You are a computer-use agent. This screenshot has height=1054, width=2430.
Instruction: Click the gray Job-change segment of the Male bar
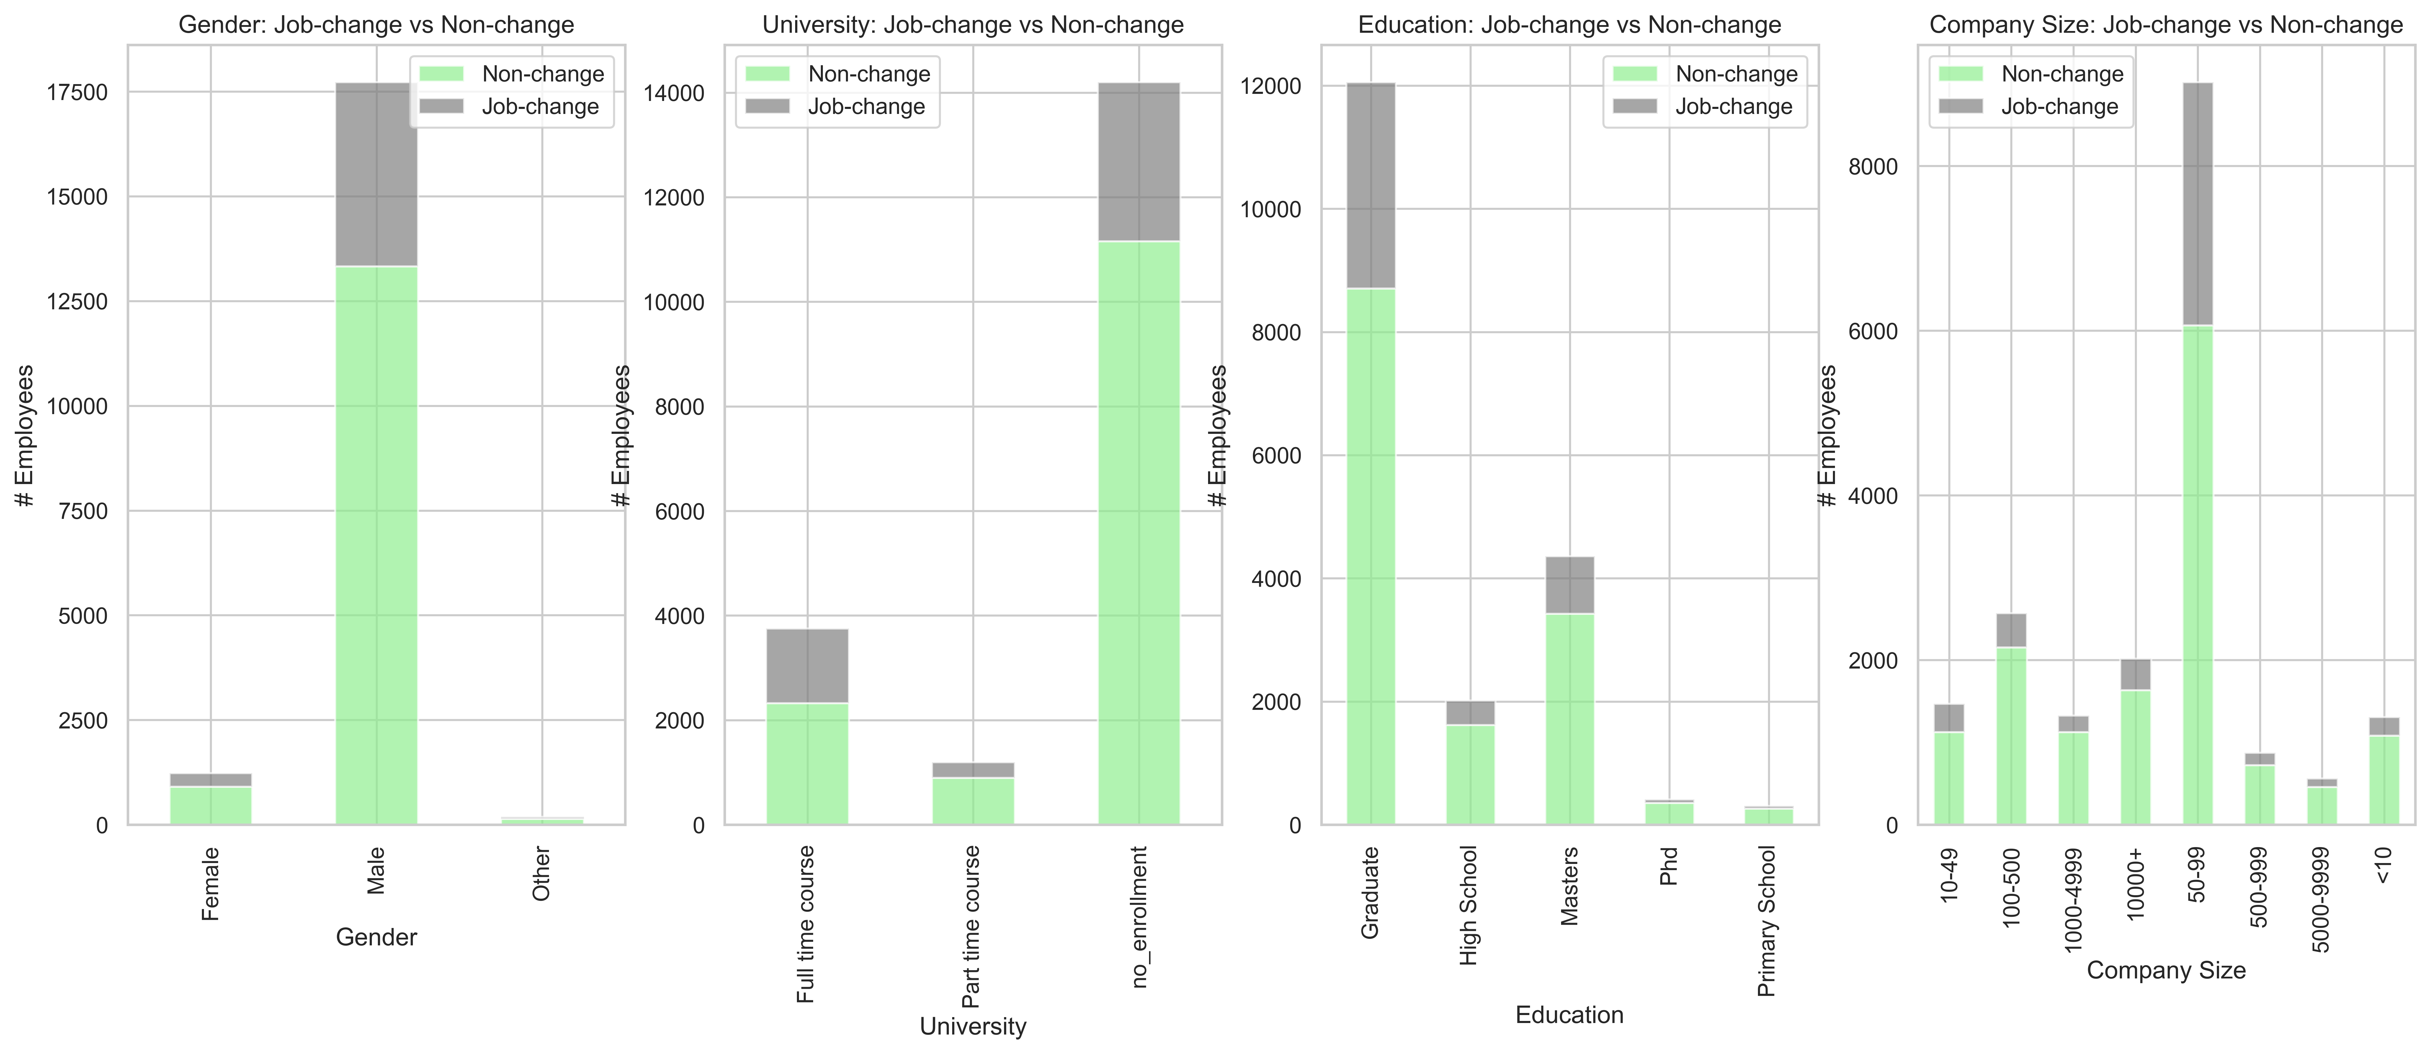coord(376,174)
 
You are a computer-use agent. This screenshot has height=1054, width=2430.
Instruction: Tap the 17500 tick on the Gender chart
coord(77,92)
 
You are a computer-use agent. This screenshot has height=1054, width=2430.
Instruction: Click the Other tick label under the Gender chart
coord(542,874)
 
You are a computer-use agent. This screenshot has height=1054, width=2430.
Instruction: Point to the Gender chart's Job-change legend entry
coord(509,107)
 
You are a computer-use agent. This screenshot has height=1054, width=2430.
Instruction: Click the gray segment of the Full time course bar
coord(808,666)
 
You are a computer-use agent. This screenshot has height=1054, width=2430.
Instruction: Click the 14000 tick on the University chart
coord(674,93)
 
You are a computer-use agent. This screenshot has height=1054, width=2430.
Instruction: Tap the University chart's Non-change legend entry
coord(838,73)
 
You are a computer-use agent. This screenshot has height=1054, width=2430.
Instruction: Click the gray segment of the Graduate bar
coord(1371,186)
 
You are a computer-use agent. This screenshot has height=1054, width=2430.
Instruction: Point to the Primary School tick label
coord(1767,921)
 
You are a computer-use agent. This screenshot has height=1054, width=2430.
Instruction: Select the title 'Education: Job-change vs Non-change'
coord(1570,24)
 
